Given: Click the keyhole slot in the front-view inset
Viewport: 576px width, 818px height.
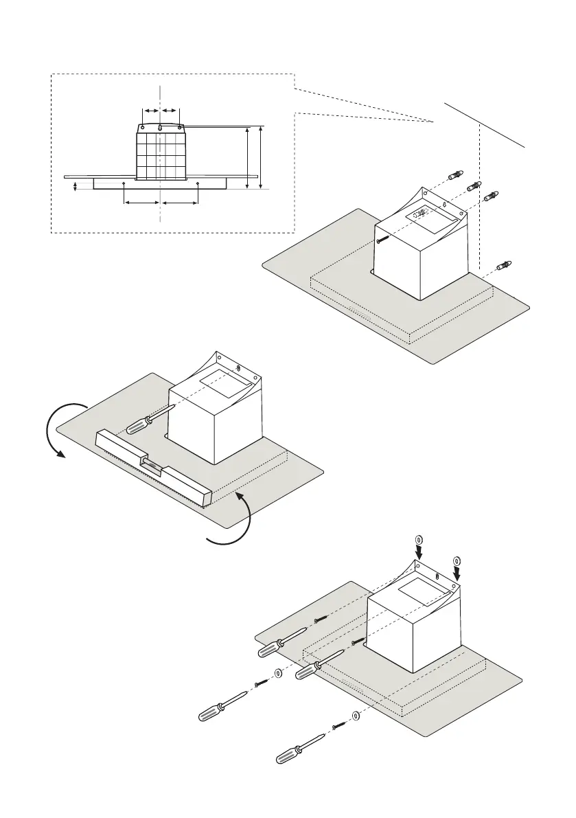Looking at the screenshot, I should (160, 128).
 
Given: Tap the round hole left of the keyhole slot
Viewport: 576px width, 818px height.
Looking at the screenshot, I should (141, 126).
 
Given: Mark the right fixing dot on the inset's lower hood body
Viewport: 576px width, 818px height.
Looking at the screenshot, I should (198, 183).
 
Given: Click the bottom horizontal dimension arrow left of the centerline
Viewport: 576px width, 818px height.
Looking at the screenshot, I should (141, 203).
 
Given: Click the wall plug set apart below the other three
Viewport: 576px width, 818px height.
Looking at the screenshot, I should (505, 264).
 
